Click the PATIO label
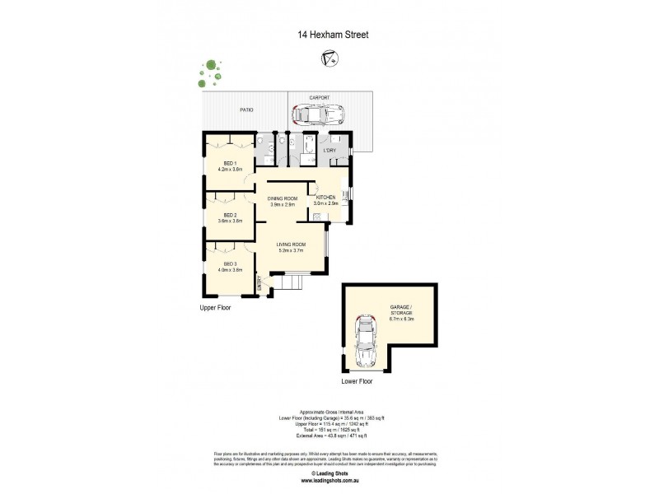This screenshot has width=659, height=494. click(x=246, y=110)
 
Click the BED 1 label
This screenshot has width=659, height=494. click(x=230, y=163)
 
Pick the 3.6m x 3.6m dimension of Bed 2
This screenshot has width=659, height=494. click(x=230, y=221)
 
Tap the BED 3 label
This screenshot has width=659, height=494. click(x=230, y=263)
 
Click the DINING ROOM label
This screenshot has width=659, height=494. click(x=282, y=197)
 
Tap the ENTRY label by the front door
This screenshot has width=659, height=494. click(x=260, y=283)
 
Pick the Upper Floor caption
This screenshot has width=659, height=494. click(x=216, y=307)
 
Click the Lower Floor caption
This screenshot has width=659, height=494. click(x=357, y=382)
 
